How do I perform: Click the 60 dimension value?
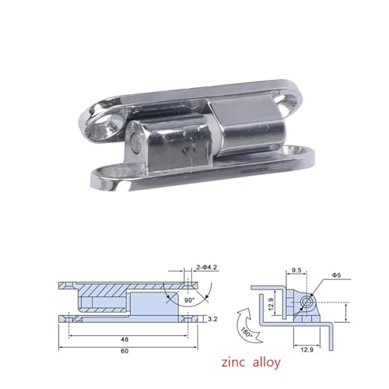(x=124, y=351)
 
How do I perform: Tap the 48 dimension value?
(x=124, y=339)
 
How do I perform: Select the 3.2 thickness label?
(x=212, y=319)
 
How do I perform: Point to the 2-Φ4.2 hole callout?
(x=206, y=267)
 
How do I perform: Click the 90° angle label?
(x=189, y=300)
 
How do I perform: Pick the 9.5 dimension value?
(x=296, y=270)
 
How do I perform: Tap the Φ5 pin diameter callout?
(x=336, y=275)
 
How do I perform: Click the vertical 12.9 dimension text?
(x=271, y=304)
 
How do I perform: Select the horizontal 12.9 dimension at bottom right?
(x=307, y=350)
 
